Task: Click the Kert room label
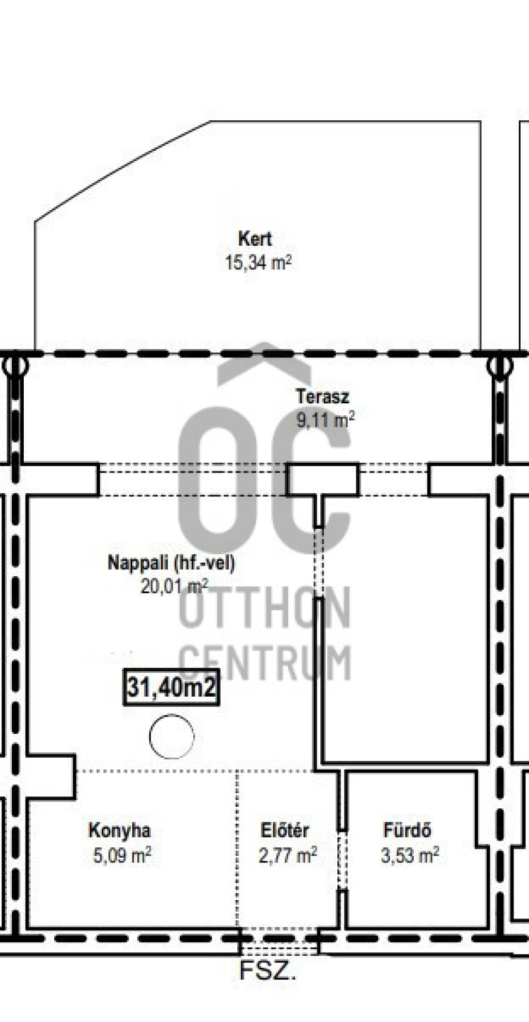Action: point(255,239)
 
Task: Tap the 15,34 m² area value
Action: point(258,262)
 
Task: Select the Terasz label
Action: point(322,397)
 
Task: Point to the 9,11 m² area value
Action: point(325,419)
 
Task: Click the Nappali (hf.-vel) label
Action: point(171,563)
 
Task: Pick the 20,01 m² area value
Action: point(174,586)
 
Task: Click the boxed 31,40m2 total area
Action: point(171,687)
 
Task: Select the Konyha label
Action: point(120,830)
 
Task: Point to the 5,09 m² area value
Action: point(122,855)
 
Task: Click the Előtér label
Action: point(285,830)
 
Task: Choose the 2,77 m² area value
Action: point(288,855)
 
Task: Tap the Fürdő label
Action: point(407,830)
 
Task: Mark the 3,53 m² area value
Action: point(410,855)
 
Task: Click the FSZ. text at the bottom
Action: point(268,971)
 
